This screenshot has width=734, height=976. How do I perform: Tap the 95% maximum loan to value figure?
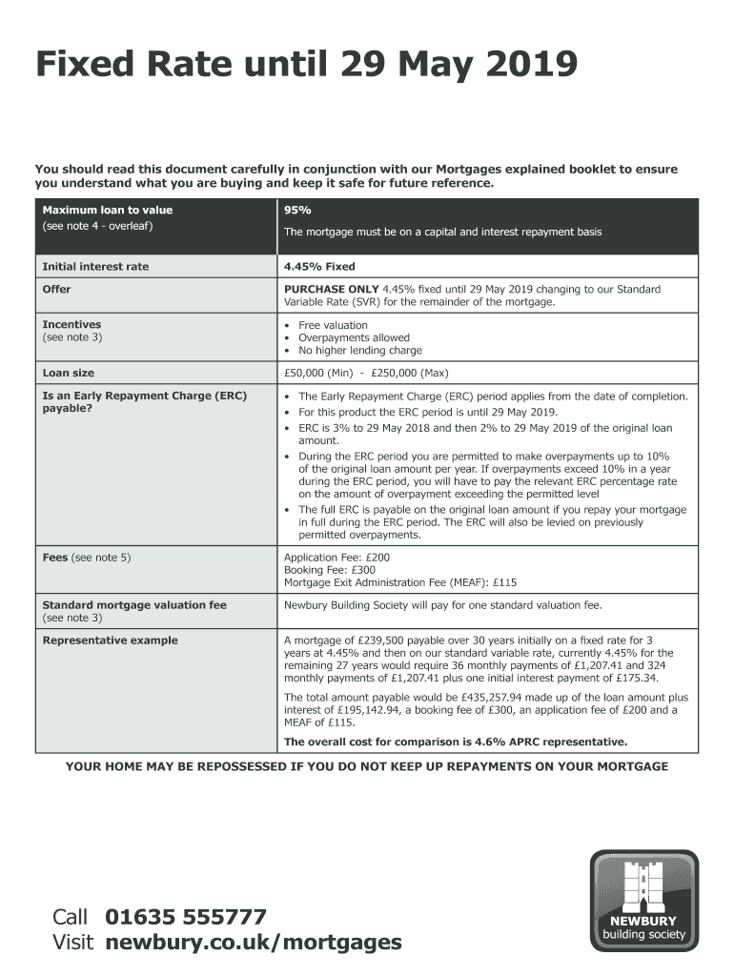tap(297, 210)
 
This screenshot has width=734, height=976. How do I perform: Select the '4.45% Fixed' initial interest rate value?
tap(319, 267)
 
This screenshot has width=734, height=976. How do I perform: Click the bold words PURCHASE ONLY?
tap(331, 289)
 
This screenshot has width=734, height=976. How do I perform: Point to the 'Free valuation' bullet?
tap(333, 325)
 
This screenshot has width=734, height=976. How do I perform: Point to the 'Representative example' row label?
tap(110, 640)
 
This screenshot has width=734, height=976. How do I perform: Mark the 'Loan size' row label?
tap(69, 373)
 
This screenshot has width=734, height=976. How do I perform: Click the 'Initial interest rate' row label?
tap(95, 267)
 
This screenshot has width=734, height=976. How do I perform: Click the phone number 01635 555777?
tap(186, 918)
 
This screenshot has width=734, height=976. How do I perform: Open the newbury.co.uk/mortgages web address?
tap(254, 944)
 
